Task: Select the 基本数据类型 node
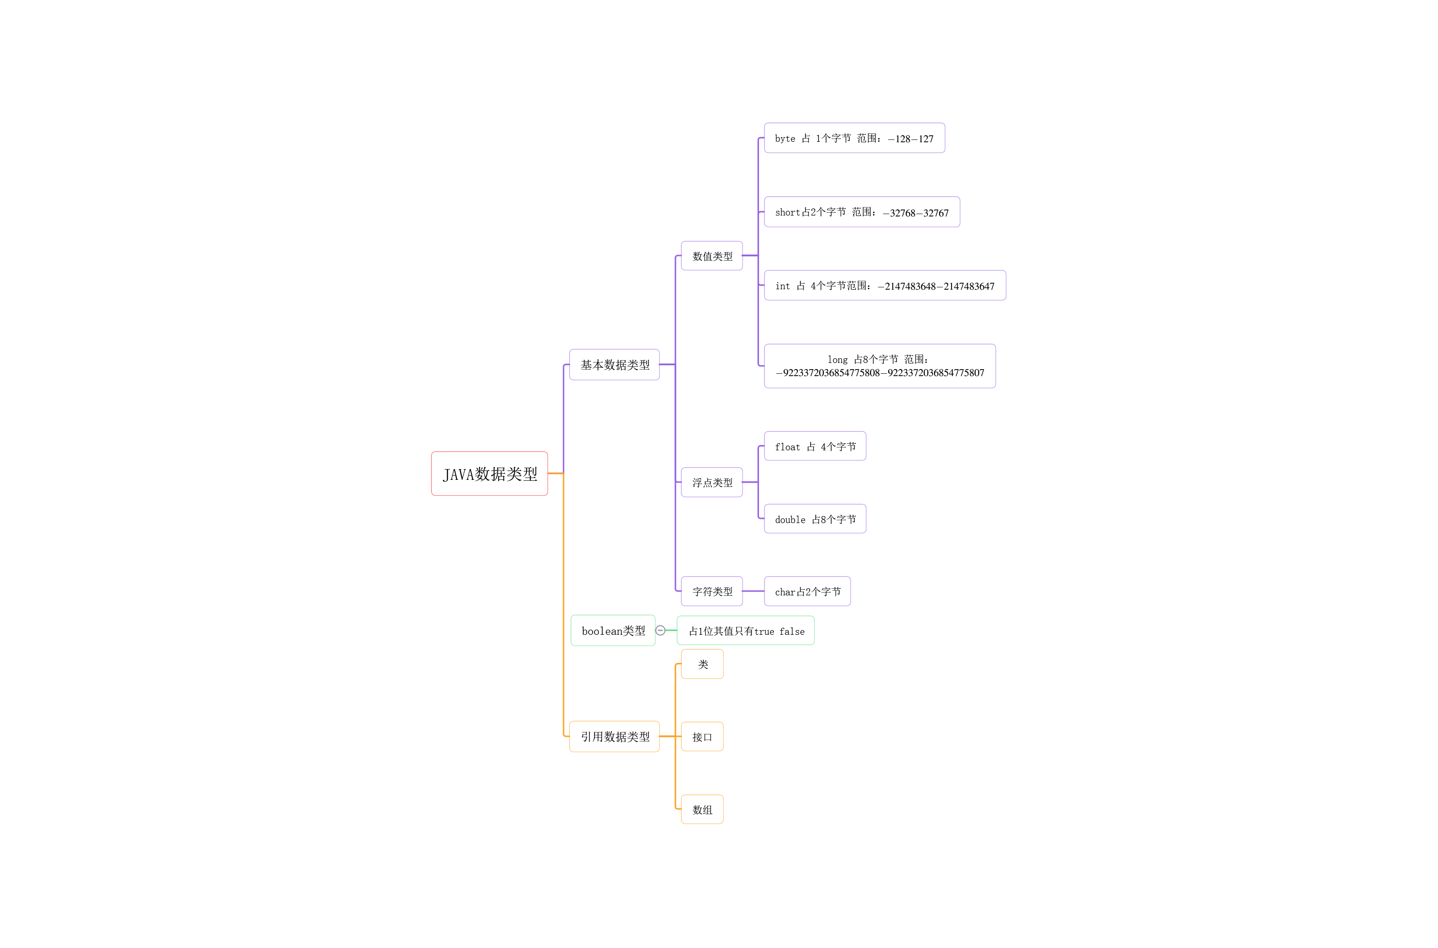click(614, 364)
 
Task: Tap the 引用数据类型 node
click(614, 736)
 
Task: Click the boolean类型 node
click(612, 631)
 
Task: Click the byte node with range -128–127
click(853, 139)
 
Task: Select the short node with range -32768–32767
click(861, 212)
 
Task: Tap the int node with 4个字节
click(884, 285)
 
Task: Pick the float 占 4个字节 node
click(814, 446)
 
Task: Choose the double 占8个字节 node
click(814, 519)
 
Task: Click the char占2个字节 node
click(807, 591)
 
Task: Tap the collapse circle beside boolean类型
click(660, 631)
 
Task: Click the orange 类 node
click(702, 664)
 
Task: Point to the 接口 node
click(702, 736)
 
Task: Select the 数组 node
click(702, 809)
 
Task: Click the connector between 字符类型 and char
click(753, 591)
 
